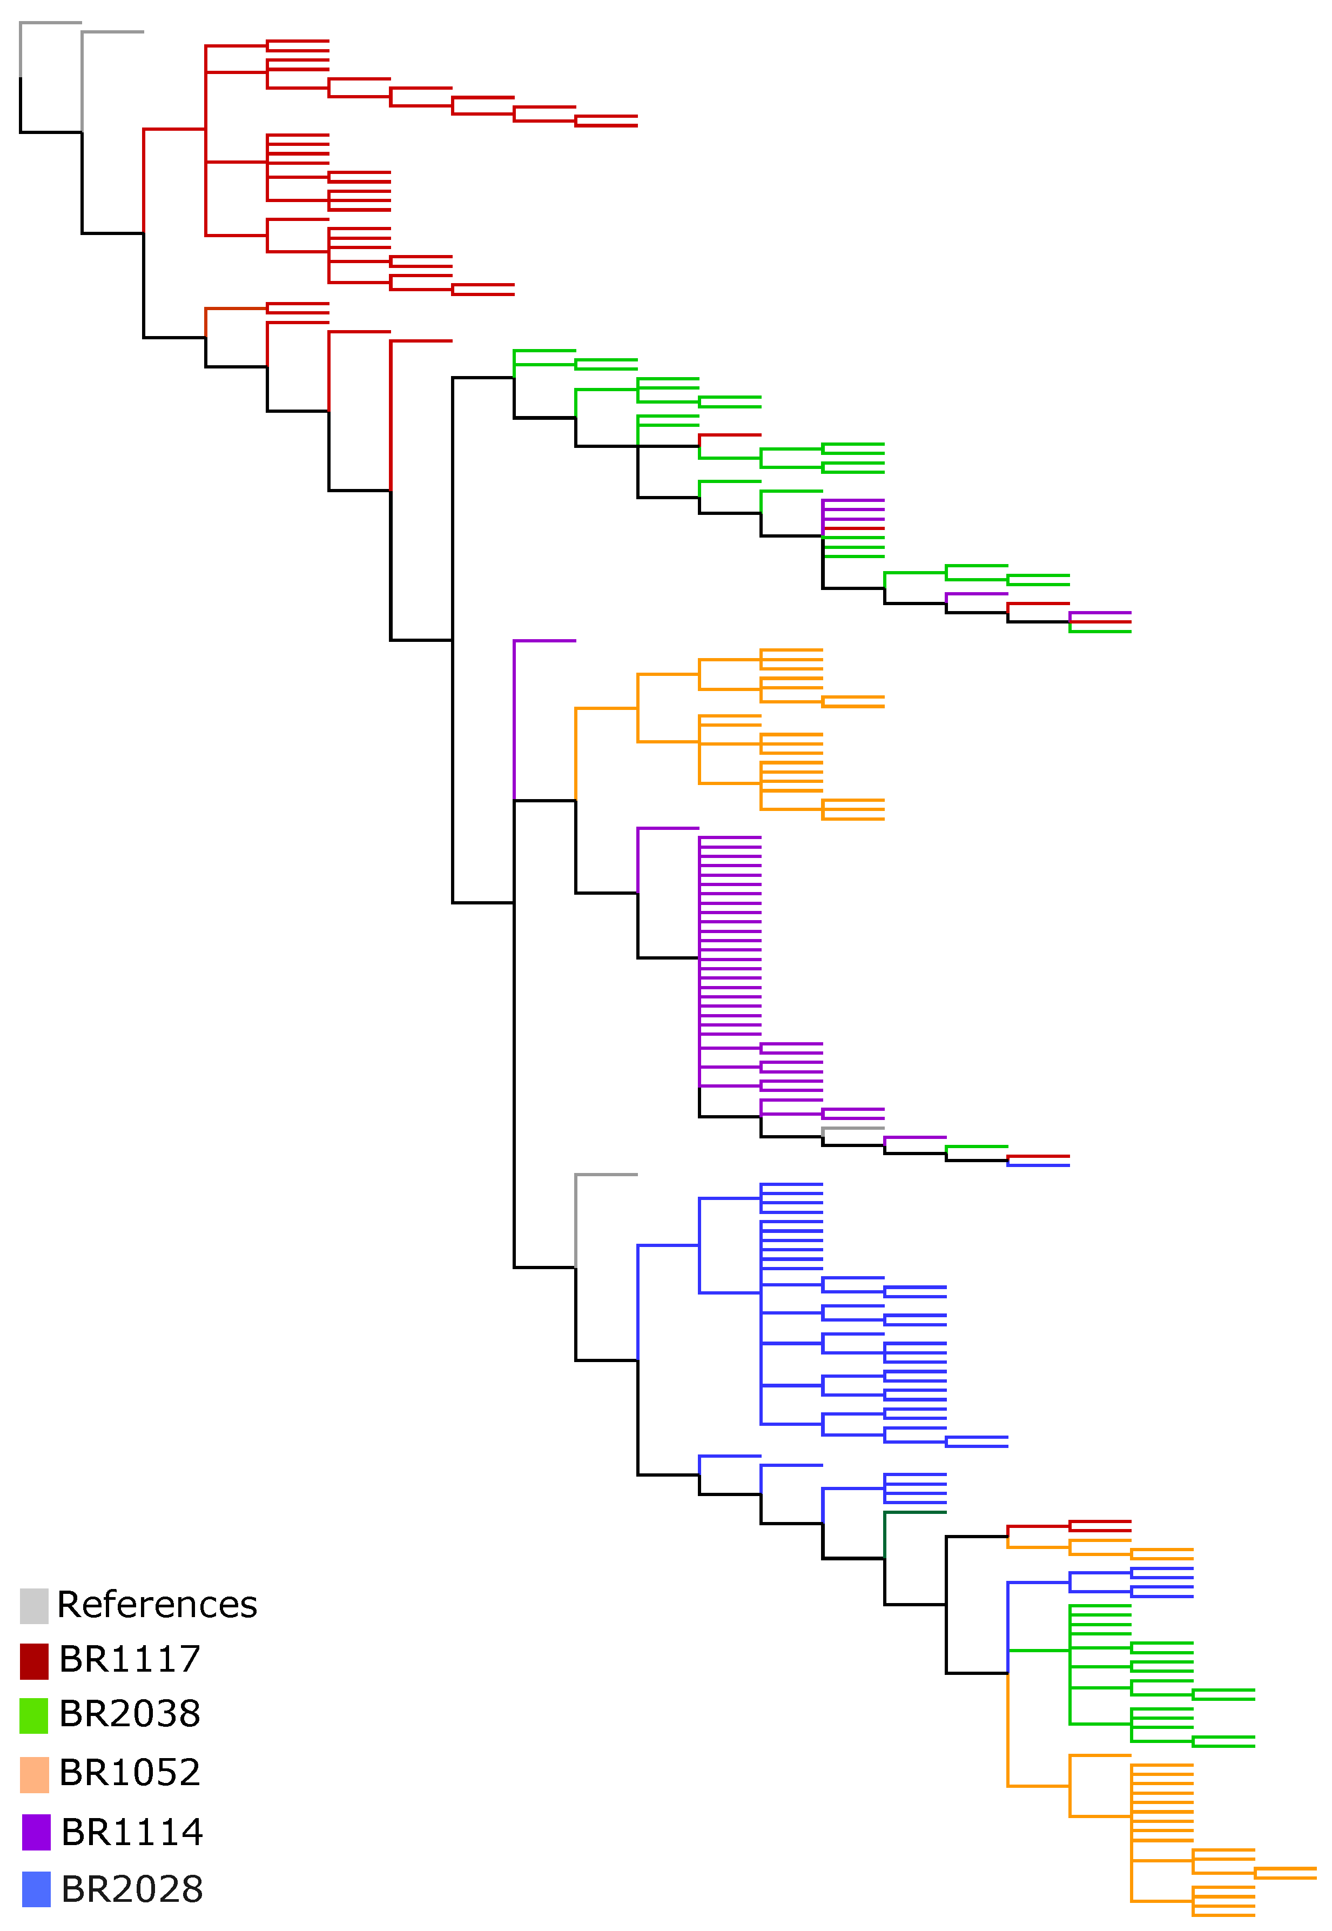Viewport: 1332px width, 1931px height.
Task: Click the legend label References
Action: (x=157, y=1605)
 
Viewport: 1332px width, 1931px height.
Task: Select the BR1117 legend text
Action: (x=130, y=1659)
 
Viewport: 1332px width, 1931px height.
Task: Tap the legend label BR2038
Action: (x=130, y=1713)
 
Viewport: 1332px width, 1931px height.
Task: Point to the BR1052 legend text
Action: (x=130, y=1772)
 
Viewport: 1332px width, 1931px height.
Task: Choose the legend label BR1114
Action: (x=132, y=1832)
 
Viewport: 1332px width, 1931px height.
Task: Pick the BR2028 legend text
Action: (x=132, y=1888)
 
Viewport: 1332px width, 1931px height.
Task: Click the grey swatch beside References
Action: (x=34, y=1605)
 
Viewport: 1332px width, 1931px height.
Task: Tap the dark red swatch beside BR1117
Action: (x=34, y=1660)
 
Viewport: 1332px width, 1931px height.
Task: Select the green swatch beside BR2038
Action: (x=34, y=1715)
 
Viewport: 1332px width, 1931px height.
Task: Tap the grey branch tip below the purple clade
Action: (x=853, y=1129)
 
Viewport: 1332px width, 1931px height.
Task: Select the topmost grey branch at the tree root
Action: (x=51, y=23)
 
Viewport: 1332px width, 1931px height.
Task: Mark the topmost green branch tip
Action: (x=544, y=351)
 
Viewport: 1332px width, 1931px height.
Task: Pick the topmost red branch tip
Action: (x=298, y=40)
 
